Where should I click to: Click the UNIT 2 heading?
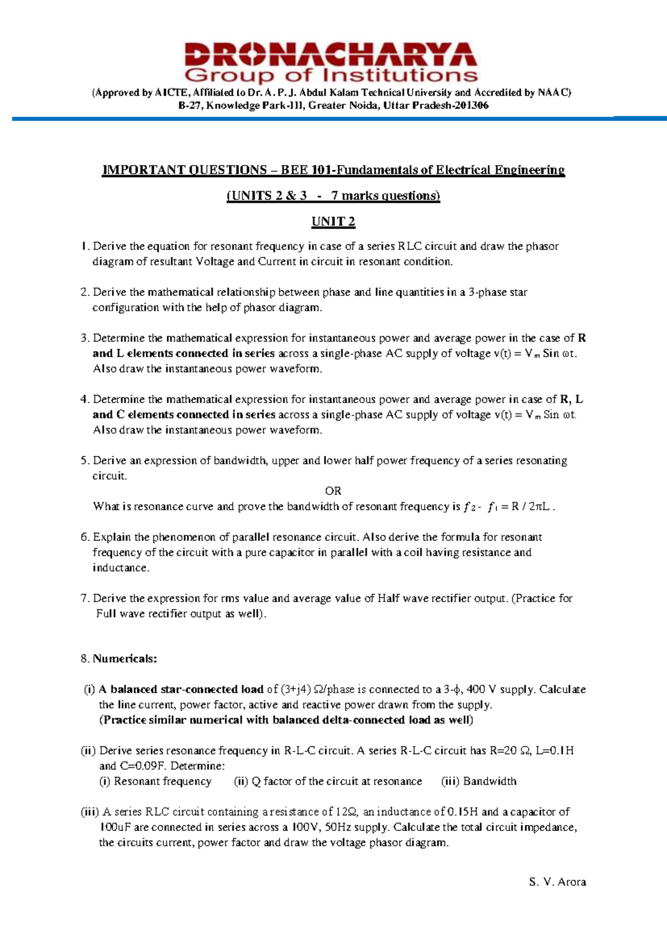click(x=333, y=222)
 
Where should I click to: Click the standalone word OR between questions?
click(x=333, y=491)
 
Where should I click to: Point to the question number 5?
click(x=84, y=460)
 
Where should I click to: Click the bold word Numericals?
click(x=125, y=659)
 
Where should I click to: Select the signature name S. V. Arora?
click(x=558, y=881)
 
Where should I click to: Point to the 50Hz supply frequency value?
click(x=337, y=827)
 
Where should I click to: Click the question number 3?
click(x=84, y=338)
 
